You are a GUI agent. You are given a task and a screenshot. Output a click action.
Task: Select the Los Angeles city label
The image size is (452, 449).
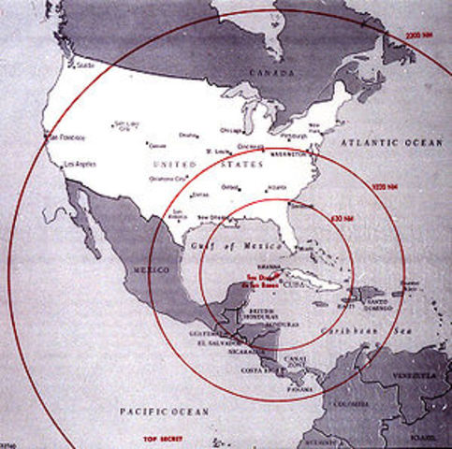[x=78, y=166]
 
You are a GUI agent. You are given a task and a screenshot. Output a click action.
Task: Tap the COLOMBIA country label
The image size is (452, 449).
[x=351, y=405]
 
